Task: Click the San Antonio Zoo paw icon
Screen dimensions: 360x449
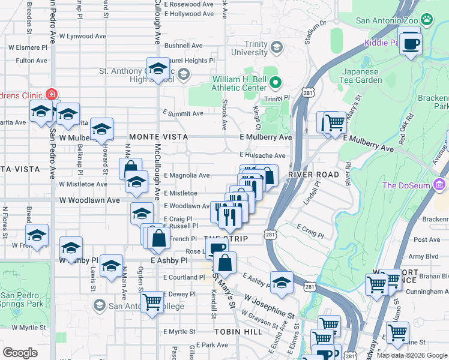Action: coord(427,20)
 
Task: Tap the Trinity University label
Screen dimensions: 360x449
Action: coord(249,47)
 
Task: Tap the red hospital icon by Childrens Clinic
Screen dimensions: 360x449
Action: coord(52,95)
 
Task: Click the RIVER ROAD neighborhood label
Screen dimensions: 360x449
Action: coord(310,175)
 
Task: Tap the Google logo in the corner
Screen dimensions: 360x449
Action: coord(20,353)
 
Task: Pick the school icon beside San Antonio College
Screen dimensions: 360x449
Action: coord(98,306)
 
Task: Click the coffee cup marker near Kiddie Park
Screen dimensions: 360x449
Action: coord(411,43)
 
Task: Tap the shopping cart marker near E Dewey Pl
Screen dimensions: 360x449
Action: coord(152,301)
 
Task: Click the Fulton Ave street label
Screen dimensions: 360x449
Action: coord(31,61)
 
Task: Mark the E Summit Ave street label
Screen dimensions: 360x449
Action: coord(183,113)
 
